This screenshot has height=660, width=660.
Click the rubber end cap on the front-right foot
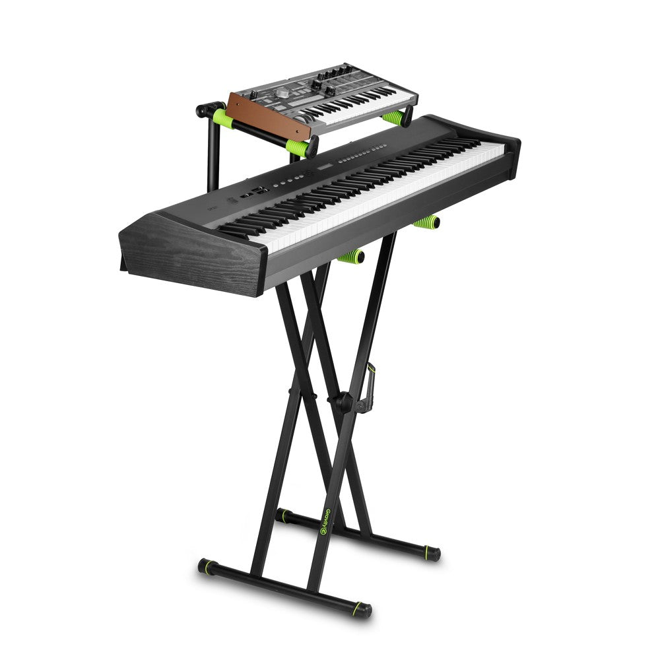point(362,609)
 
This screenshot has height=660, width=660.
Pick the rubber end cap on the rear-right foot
point(432,553)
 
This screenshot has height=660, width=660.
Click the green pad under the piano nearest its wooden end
point(351,256)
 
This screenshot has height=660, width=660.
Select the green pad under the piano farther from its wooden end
point(427,222)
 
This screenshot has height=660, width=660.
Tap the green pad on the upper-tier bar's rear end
point(222,119)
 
